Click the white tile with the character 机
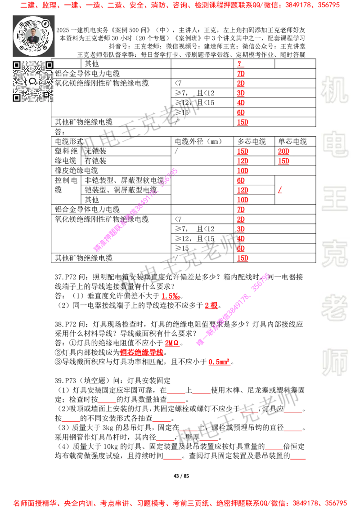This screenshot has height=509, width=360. (334, 90)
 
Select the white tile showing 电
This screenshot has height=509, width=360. (336, 144)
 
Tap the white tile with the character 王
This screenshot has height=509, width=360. (334, 200)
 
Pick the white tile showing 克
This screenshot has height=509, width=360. (334, 254)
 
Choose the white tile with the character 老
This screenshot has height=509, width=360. (334, 308)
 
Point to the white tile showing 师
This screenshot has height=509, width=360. (334, 363)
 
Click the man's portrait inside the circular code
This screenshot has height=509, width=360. (33, 36)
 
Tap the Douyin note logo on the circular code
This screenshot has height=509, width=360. (45, 22)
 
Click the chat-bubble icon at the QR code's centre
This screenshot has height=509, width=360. (33, 81)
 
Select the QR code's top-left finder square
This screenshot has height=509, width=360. (17, 65)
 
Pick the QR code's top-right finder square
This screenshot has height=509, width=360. (49, 65)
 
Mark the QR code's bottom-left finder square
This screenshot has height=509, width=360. (17, 98)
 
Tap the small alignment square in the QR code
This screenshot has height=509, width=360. (46, 94)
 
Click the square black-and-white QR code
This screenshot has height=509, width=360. (34, 81)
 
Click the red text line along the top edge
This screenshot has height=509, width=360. (180, 5)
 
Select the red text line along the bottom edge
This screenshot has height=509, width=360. (180, 503)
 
